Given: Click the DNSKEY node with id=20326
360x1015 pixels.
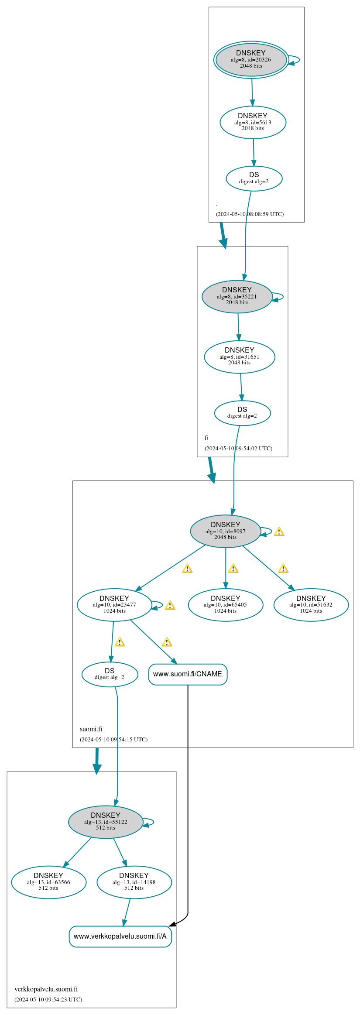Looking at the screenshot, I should [251, 60].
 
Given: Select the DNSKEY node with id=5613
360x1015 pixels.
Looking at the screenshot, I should [253, 123].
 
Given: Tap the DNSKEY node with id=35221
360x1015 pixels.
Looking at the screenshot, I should [237, 297].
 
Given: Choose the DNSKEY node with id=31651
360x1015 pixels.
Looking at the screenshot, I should [240, 357].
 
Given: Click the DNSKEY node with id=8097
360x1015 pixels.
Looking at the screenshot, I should [226, 531].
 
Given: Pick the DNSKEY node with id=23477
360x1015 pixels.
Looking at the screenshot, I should [114, 605].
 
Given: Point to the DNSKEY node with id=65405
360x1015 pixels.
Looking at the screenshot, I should [226, 605].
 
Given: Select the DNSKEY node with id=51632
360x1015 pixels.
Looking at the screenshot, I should [311, 605].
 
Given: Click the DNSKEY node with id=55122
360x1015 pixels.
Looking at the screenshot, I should [106, 822].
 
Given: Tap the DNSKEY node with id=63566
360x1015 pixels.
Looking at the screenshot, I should [48, 882].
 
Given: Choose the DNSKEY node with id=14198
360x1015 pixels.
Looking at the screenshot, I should [134, 882].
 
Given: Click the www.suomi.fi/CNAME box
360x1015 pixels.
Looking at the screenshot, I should [188, 674].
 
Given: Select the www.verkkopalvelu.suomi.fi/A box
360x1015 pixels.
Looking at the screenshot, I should [120, 936].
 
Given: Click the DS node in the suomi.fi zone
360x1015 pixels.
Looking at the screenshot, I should [110, 674].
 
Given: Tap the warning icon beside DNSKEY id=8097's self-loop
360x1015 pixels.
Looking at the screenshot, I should [279, 532].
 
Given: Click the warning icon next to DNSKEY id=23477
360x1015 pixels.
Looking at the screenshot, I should [170, 605].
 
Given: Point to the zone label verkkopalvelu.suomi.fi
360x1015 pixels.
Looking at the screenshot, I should [46, 989].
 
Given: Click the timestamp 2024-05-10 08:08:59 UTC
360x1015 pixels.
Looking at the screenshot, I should [250, 214].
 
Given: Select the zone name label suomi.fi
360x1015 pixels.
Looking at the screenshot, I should [91, 729].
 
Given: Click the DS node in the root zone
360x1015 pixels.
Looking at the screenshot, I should [254, 178].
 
